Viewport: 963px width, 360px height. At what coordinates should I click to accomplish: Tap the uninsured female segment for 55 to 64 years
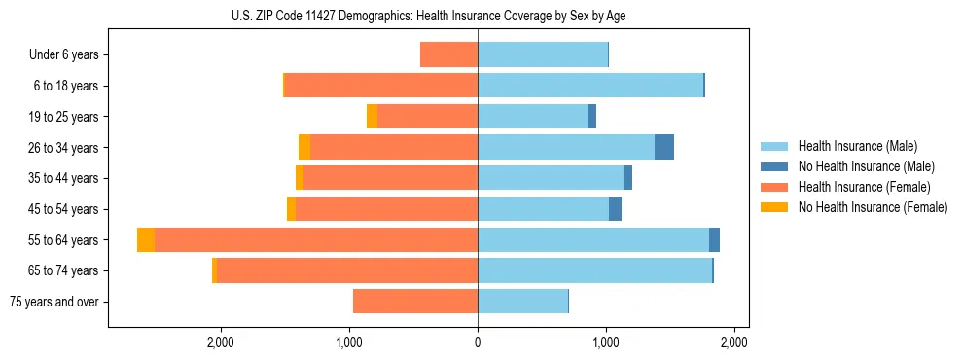(146, 240)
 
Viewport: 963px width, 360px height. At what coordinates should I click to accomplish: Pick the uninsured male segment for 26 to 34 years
(664, 148)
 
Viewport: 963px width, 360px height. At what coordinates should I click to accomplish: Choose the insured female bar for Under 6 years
(448, 54)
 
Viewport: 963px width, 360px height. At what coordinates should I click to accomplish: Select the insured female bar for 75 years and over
(415, 303)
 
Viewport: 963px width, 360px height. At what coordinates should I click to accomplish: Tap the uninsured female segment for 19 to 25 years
(372, 117)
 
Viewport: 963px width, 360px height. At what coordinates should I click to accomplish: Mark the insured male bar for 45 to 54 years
(543, 209)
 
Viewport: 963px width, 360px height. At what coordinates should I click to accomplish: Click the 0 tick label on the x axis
(478, 342)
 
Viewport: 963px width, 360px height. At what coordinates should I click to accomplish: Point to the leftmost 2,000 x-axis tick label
(220, 342)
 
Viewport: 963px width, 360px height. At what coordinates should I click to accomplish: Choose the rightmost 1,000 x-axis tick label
(606, 342)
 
